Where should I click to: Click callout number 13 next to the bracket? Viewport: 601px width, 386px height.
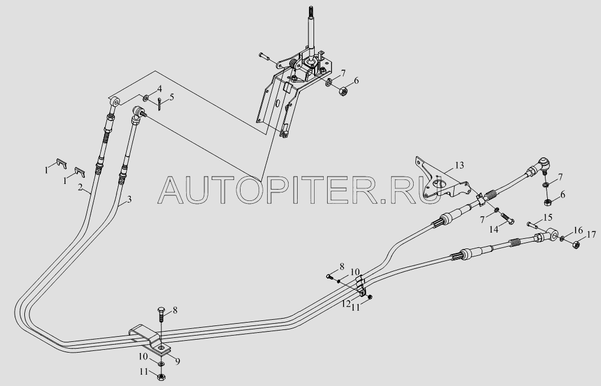click(x=459, y=165)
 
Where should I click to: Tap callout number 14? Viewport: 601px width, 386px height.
click(x=493, y=229)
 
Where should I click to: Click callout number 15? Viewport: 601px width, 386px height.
click(x=548, y=217)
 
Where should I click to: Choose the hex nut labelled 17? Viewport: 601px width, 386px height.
click(x=575, y=244)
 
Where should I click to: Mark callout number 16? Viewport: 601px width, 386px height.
click(x=578, y=230)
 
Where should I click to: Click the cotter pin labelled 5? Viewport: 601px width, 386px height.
click(x=160, y=104)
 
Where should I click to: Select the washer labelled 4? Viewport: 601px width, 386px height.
click(x=146, y=98)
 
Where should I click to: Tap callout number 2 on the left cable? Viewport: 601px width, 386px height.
click(x=80, y=187)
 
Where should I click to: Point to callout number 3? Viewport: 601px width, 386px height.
click(x=129, y=199)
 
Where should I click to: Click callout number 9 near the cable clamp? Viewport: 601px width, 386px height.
click(x=178, y=361)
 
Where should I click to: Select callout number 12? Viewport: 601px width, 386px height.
click(x=346, y=303)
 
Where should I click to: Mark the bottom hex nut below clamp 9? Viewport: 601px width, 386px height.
click(x=161, y=376)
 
